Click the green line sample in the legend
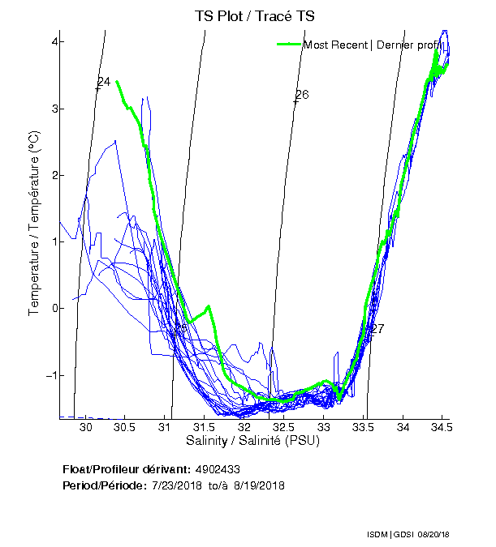click(289, 45)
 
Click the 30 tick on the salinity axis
click(86, 426)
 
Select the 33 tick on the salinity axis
click(323, 426)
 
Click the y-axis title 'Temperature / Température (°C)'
click(35, 224)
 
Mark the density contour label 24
click(103, 82)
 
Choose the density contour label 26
click(302, 95)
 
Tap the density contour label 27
click(377, 329)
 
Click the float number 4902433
click(217, 469)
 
